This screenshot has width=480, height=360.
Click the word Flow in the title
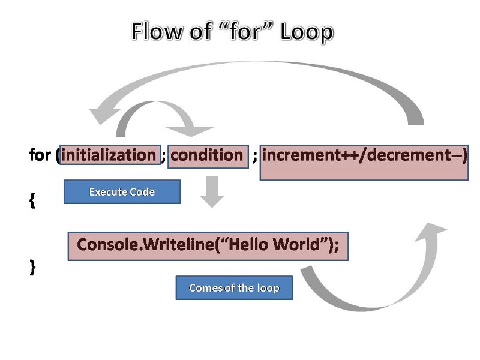click(156, 31)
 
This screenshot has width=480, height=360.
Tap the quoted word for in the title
click(243, 31)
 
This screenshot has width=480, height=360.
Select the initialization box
click(109, 155)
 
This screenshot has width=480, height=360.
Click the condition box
click(208, 156)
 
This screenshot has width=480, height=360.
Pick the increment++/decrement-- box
click(364, 162)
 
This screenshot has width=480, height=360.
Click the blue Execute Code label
click(122, 192)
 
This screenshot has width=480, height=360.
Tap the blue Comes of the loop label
click(234, 288)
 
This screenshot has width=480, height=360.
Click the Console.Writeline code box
click(208, 246)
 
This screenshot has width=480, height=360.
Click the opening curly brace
click(32, 202)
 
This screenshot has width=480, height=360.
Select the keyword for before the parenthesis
click(40, 155)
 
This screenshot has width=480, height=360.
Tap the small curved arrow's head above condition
click(191, 130)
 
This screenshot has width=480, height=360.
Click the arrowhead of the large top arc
click(105, 114)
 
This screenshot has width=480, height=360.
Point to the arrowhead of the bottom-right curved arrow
click(434, 231)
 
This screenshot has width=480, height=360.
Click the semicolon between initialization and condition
click(164, 157)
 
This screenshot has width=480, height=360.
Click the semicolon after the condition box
click(255, 157)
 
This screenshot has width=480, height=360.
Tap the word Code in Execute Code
click(143, 192)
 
